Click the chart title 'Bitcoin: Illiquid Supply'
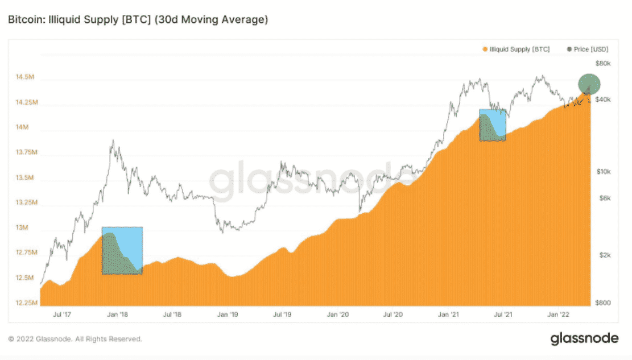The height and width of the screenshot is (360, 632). (x=137, y=20)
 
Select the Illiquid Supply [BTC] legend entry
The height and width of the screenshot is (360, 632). (x=516, y=49)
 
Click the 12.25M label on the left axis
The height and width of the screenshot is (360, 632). (x=24, y=303)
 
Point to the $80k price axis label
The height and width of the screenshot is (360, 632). (x=602, y=63)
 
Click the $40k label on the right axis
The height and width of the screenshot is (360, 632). (x=602, y=100)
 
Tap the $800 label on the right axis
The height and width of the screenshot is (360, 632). (x=602, y=303)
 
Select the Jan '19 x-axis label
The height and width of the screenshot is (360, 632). (x=228, y=313)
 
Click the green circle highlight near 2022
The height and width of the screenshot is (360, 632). (x=589, y=84)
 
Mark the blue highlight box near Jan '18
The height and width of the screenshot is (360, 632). (x=122, y=251)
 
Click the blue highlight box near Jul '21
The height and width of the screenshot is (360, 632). (x=493, y=125)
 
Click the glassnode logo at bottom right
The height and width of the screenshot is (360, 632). (x=584, y=338)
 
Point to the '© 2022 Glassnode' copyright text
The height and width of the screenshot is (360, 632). (x=75, y=339)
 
